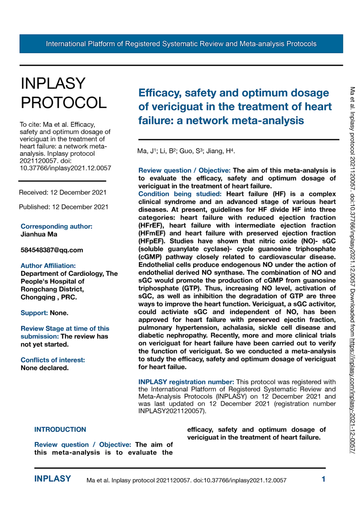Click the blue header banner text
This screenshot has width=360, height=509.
click(181, 44)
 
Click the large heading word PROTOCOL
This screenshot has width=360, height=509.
click(64, 103)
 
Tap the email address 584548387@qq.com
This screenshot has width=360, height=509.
click(52, 250)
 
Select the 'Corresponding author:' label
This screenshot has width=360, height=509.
click(56, 226)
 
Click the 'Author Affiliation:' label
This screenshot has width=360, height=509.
click(48, 265)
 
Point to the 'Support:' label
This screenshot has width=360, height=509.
click(34, 313)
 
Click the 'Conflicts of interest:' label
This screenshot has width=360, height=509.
click(53, 360)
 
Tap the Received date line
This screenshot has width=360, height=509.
click(63, 193)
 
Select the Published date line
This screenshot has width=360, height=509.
click(64, 207)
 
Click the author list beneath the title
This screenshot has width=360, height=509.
click(186, 151)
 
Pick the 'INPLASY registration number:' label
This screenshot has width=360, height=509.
click(186, 382)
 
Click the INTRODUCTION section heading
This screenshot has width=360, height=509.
click(60, 429)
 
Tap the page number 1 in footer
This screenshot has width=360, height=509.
click(323, 479)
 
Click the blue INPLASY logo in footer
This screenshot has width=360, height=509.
click(53, 479)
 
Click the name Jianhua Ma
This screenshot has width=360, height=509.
click(39, 234)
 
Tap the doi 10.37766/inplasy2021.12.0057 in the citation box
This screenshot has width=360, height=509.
click(65, 168)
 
